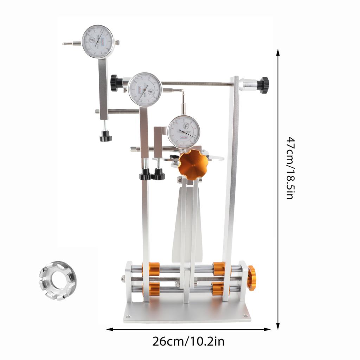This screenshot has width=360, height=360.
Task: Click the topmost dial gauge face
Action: [x=98, y=41]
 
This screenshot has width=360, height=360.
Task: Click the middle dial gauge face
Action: [x=145, y=89]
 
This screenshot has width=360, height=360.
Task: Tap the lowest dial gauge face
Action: [x=184, y=132]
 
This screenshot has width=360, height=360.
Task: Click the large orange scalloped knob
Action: [x=193, y=165]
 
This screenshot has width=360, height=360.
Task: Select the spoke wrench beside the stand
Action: [x=57, y=280]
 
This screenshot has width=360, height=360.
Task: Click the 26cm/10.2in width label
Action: [x=188, y=341]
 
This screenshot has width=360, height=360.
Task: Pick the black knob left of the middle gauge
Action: [x=116, y=83]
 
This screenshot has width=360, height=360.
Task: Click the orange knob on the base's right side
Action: [x=251, y=278]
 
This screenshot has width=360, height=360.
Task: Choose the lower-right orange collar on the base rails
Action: [x=218, y=289]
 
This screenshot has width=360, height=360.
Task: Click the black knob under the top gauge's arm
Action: [x=105, y=136]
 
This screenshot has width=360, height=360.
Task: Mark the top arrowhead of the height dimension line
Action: [x=278, y=52]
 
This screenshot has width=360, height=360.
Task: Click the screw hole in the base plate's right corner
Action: [x=245, y=315]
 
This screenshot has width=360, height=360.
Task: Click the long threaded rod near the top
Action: [x=197, y=84]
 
